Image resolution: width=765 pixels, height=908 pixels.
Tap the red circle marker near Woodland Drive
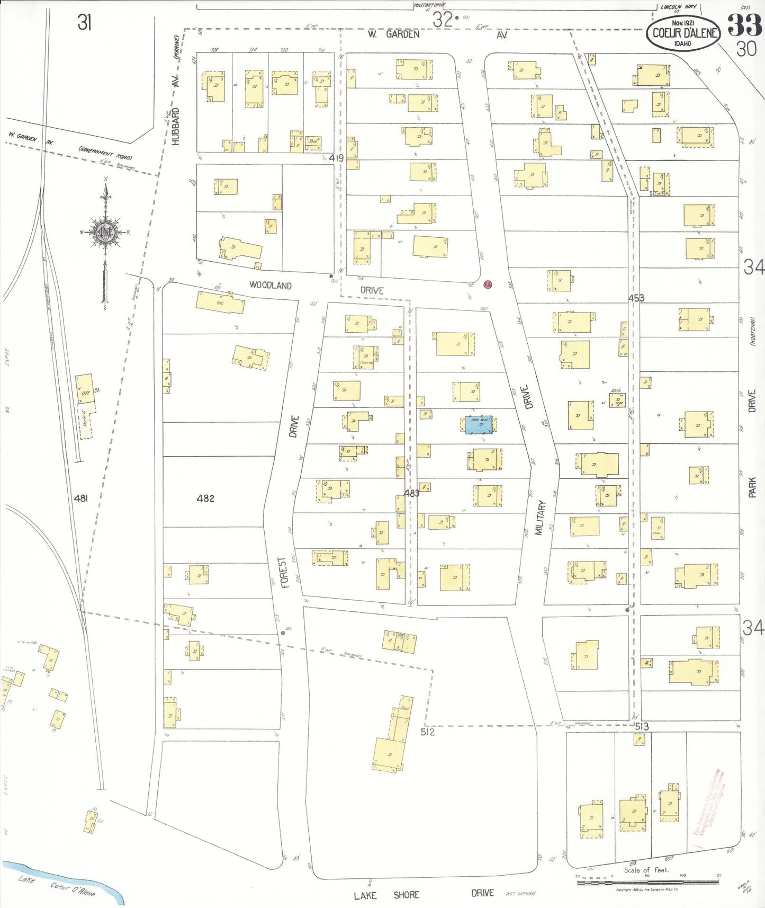(488, 284)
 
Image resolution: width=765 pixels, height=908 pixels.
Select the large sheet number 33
(744, 25)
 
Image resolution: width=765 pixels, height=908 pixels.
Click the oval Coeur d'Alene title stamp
(683, 33)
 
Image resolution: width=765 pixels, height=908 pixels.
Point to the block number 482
(205, 498)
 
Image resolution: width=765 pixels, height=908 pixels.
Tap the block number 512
(427, 732)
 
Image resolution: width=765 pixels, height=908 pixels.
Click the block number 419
(336, 158)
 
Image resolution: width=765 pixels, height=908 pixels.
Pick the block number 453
(636, 298)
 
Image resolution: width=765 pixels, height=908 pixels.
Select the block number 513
(642, 726)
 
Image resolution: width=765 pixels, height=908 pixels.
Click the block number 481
(80, 498)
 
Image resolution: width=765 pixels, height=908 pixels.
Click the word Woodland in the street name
(270, 285)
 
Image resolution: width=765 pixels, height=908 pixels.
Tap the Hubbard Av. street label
(176, 119)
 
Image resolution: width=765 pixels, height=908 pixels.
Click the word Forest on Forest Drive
(284, 572)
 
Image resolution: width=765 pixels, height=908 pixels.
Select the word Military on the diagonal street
(540, 518)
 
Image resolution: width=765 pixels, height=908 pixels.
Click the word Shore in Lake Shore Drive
(406, 895)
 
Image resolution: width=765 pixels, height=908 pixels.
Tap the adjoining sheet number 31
(85, 23)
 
